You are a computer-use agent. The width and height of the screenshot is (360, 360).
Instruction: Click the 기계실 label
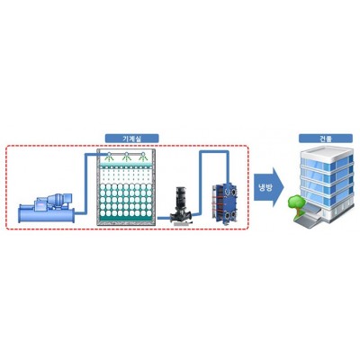coord(131,139)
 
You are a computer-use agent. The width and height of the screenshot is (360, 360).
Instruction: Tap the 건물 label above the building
coord(326,139)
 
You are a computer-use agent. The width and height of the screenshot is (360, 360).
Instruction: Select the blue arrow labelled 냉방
coord(269,187)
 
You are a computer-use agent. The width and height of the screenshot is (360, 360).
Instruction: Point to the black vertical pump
coord(181,205)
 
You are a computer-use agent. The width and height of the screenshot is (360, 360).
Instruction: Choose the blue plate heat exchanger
coord(224,203)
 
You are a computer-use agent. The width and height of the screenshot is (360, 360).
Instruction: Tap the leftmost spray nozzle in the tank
coord(110,156)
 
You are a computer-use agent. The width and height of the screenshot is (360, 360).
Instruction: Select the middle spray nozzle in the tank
coord(127,156)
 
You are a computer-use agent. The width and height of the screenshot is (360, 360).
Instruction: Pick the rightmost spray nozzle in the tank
coord(143,156)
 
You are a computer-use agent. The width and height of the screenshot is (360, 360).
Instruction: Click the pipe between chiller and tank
coord(85,183)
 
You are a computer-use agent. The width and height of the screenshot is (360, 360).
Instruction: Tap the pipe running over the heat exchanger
coord(214,152)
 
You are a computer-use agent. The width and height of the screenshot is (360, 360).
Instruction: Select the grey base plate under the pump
coord(181,223)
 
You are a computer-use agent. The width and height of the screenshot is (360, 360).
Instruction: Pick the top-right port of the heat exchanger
coord(232,190)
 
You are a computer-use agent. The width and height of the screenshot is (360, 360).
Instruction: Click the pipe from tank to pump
coord(164,218)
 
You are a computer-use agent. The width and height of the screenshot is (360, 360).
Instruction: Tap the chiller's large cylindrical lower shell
coord(47,214)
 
